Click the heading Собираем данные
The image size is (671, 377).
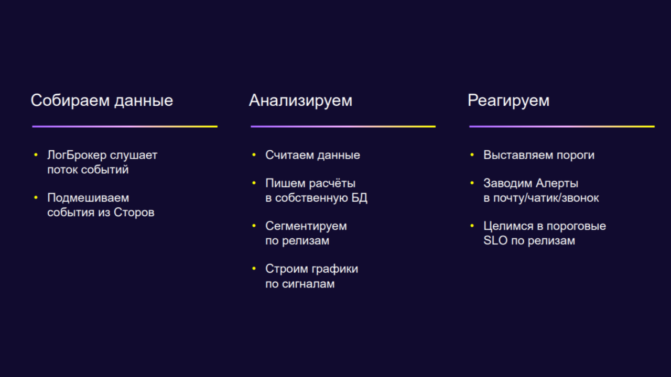click(x=102, y=101)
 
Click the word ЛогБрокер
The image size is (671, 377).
click(x=77, y=156)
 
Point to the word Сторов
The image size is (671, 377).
click(x=134, y=213)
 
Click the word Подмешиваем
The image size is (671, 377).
click(x=88, y=198)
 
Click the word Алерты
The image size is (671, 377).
click(x=557, y=183)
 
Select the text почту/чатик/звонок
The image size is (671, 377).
click(x=546, y=198)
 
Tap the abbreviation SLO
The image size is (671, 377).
click(x=495, y=240)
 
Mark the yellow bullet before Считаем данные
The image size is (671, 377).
click(x=254, y=154)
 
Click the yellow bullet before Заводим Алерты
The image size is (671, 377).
click(x=472, y=183)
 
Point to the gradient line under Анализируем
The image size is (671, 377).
click(x=343, y=127)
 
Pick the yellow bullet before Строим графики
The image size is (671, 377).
click(x=254, y=269)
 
